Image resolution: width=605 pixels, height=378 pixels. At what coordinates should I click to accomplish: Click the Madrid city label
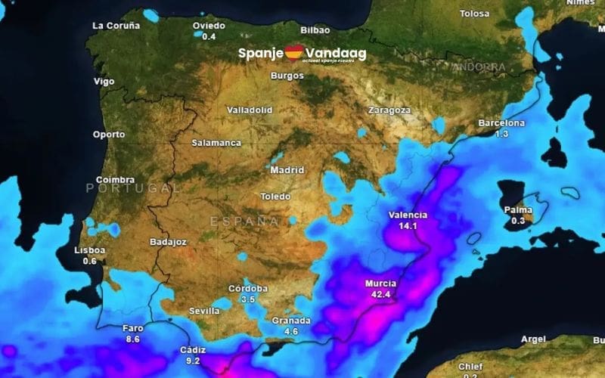click(287, 170)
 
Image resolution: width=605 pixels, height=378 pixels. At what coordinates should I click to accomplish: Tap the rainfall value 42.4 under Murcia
click(381, 294)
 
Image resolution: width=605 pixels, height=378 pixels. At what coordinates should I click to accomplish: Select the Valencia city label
click(408, 215)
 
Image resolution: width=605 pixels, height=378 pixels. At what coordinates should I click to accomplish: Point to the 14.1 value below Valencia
click(408, 225)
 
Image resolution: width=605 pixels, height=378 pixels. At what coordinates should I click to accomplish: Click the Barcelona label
click(501, 123)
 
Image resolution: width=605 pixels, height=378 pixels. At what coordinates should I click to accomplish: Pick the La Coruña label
click(116, 25)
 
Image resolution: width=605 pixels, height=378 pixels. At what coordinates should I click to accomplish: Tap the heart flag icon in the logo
click(294, 54)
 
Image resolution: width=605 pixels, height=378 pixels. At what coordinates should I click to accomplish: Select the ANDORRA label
click(479, 67)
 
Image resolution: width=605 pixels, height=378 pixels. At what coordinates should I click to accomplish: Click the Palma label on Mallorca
click(518, 210)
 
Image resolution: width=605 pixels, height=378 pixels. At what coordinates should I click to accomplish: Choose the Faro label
click(132, 329)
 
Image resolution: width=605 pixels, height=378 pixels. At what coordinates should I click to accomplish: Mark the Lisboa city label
click(89, 250)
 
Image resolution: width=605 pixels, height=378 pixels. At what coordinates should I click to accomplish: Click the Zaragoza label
click(389, 110)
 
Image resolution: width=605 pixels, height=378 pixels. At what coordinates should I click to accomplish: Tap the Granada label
click(290, 321)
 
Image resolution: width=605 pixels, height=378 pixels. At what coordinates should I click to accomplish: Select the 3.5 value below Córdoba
click(248, 299)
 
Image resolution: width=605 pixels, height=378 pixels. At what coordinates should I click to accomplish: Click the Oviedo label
click(209, 26)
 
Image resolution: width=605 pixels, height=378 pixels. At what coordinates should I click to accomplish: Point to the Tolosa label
click(475, 14)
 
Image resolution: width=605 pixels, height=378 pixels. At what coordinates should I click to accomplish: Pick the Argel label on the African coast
click(533, 339)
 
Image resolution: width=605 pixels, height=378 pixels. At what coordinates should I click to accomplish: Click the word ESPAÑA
click(244, 221)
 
